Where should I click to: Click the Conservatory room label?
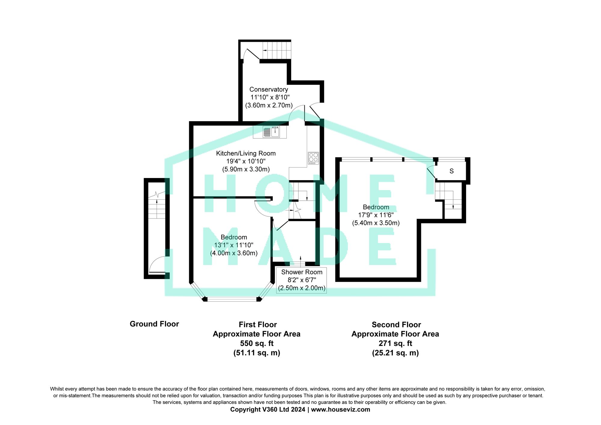click(x=269, y=89)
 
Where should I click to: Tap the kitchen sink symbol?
click(x=271, y=132)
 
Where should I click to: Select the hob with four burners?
click(x=313, y=158)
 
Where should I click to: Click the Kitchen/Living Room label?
click(x=246, y=153)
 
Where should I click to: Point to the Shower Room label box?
click(x=301, y=280)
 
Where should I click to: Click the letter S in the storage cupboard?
click(x=451, y=171)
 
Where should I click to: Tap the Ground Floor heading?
click(x=154, y=324)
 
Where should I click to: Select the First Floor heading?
click(x=258, y=325)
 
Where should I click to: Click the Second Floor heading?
click(x=396, y=325)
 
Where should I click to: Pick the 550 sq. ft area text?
click(x=257, y=343)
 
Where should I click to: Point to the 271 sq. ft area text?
click(x=395, y=343)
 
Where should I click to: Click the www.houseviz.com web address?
click(x=340, y=409)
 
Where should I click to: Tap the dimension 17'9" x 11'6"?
click(x=376, y=215)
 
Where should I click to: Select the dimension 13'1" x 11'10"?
click(x=233, y=245)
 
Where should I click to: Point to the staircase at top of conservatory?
click(x=277, y=51)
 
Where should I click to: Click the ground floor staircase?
click(x=157, y=205)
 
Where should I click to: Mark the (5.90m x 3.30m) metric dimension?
click(x=246, y=169)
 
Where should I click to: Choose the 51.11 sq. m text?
click(x=257, y=353)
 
